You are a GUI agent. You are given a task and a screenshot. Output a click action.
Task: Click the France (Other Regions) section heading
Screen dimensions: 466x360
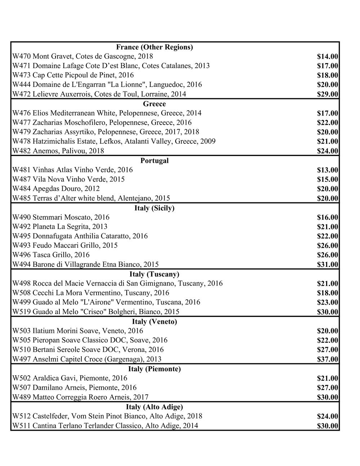click(154, 47)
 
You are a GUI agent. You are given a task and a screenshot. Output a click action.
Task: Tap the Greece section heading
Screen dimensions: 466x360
click(154, 104)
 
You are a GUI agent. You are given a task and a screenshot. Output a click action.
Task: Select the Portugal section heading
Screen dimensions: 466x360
click(154, 161)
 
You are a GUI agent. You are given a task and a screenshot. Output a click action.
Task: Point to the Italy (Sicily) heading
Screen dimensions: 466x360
click(154, 208)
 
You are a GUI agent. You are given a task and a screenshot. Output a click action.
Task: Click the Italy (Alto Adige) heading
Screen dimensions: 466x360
click(154, 407)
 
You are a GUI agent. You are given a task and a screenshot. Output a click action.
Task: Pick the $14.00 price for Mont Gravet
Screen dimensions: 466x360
click(327, 57)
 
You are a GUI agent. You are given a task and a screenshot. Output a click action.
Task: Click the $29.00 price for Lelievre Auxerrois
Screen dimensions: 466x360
click(327, 94)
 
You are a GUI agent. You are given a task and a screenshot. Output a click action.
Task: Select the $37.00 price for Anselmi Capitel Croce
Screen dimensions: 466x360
click(327, 359)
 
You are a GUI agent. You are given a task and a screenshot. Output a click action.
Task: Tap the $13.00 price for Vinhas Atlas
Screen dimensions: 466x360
click(327, 170)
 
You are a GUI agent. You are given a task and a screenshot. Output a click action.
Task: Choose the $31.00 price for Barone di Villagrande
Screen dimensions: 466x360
click(327, 265)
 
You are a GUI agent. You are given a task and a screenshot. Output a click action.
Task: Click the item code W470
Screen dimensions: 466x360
click(22, 57)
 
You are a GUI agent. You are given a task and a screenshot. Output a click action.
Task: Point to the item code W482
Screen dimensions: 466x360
click(22, 151)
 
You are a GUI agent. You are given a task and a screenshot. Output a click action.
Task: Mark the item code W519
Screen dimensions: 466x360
click(22, 312)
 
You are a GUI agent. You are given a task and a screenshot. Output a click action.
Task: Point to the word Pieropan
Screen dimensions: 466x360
click(46, 340)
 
